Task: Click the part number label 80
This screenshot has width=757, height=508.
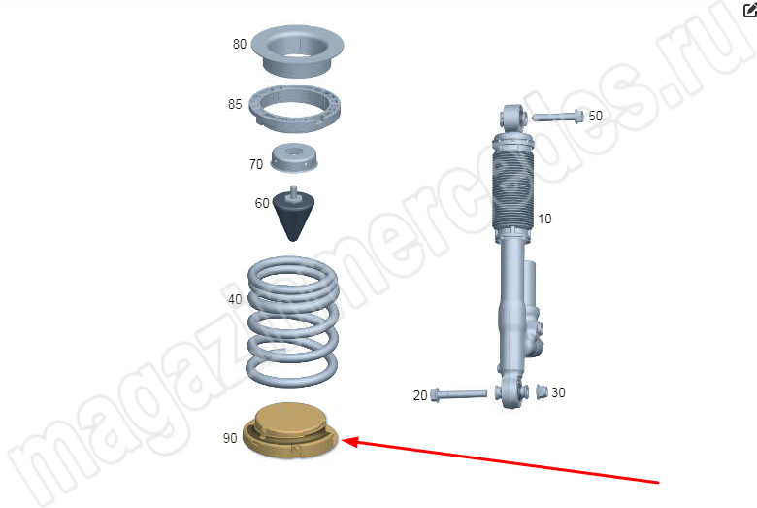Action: click(x=240, y=44)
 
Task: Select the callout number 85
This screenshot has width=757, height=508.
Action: click(x=235, y=104)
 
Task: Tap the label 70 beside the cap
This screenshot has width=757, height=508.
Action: click(x=256, y=164)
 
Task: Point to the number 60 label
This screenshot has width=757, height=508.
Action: click(x=262, y=203)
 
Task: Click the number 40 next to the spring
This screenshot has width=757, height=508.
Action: click(x=235, y=300)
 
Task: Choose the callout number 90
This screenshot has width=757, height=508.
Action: click(x=230, y=438)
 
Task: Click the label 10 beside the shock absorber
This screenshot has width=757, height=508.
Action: click(x=544, y=219)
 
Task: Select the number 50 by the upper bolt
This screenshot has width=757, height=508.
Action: click(x=595, y=116)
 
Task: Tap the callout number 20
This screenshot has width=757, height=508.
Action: click(x=420, y=396)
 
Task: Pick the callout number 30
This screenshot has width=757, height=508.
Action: click(x=558, y=392)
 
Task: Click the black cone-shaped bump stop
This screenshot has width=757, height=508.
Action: click(x=293, y=214)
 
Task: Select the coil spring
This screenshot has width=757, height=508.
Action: click(x=292, y=322)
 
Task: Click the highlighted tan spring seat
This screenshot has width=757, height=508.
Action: click(x=290, y=430)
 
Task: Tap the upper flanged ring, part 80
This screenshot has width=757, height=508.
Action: click(x=297, y=51)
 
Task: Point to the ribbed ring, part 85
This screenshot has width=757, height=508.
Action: click(x=294, y=108)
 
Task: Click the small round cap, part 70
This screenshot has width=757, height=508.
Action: click(x=293, y=157)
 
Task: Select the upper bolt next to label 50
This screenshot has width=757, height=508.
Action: click(x=558, y=117)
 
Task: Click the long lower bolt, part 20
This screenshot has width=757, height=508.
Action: click(x=458, y=394)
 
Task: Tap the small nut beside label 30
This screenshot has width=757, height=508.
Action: click(x=542, y=391)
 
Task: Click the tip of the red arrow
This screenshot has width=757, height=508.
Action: click(x=342, y=440)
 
